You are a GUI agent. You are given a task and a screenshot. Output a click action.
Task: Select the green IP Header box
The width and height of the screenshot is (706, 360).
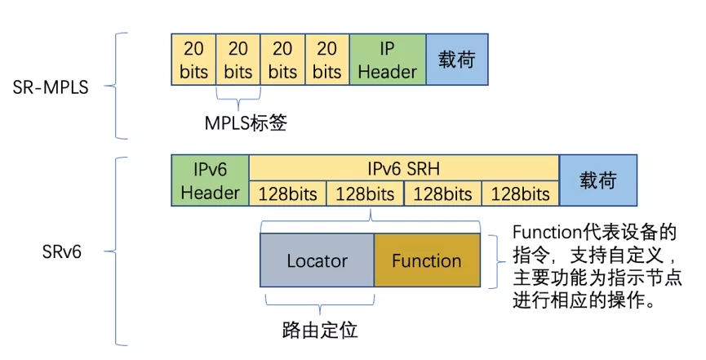tap(387, 60)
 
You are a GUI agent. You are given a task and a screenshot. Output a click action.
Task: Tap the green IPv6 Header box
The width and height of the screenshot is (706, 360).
tap(210, 181)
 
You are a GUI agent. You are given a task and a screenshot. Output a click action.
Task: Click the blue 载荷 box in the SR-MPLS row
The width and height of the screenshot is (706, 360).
tap(456, 60)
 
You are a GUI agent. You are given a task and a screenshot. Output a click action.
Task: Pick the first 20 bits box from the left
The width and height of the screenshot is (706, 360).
tap(193, 60)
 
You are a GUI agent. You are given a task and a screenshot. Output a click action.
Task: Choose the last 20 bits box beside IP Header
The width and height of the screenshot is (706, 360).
tap(326, 60)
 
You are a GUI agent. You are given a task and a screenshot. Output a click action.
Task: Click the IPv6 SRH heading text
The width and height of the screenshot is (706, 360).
tap(403, 169)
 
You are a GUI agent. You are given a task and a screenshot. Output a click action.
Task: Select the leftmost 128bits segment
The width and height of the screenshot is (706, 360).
tap(287, 194)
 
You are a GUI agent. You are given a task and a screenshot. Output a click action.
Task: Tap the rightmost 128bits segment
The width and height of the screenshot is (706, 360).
tap(521, 194)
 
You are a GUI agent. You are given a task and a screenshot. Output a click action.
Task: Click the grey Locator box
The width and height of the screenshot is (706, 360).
tap(317, 261)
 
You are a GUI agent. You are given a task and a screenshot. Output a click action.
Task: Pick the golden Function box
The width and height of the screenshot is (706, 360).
tap(426, 261)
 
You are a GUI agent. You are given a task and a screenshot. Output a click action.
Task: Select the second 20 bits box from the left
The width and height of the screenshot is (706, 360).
tap(238, 60)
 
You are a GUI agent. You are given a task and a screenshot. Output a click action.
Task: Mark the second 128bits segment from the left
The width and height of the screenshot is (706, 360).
tap(365, 194)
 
